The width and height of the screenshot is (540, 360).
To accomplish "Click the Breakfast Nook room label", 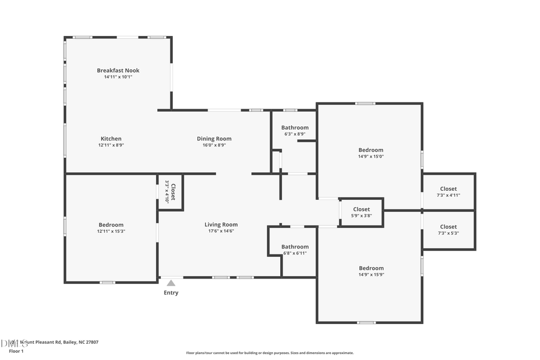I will (x=118, y=70).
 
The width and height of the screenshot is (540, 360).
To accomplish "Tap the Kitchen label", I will (x=111, y=139).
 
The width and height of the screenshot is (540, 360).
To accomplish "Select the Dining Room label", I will (x=214, y=139).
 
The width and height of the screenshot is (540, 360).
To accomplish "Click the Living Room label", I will (x=221, y=224).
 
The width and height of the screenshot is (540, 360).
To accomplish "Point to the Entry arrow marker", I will (x=171, y=283).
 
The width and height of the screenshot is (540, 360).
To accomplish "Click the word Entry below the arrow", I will (x=171, y=293).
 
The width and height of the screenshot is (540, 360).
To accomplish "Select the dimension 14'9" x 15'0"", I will (x=371, y=157).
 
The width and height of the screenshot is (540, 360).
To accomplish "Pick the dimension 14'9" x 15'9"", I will (x=371, y=275).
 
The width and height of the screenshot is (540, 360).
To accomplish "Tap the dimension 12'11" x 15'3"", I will (x=111, y=231).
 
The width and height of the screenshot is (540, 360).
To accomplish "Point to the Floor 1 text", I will (x=16, y=350).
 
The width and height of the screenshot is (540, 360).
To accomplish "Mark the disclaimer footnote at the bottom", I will (x=270, y=353).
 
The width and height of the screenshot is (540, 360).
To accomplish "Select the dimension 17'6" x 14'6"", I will (x=221, y=231).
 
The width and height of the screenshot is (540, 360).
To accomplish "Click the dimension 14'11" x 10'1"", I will (x=118, y=77).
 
